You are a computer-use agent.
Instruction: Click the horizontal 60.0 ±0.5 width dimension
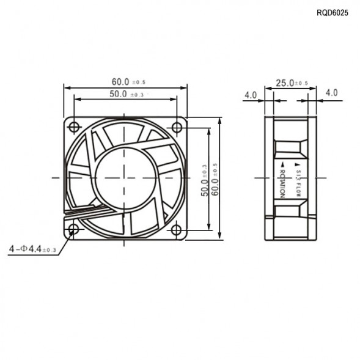tap(128, 81)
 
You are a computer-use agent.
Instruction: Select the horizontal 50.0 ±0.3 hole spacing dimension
tap(127, 94)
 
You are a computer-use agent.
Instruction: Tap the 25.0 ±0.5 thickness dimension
tap(292, 83)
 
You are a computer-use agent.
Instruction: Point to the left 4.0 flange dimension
tap(251, 95)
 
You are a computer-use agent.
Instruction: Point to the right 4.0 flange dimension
tap(331, 93)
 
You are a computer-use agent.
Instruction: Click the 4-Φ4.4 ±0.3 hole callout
tap(33, 249)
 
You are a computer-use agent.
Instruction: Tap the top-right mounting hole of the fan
tap(177, 127)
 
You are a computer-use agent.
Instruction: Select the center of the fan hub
tap(125, 178)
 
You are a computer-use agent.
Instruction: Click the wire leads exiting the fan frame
tap(92, 211)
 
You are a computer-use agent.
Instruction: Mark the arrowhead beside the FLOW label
tap(299, 165)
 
